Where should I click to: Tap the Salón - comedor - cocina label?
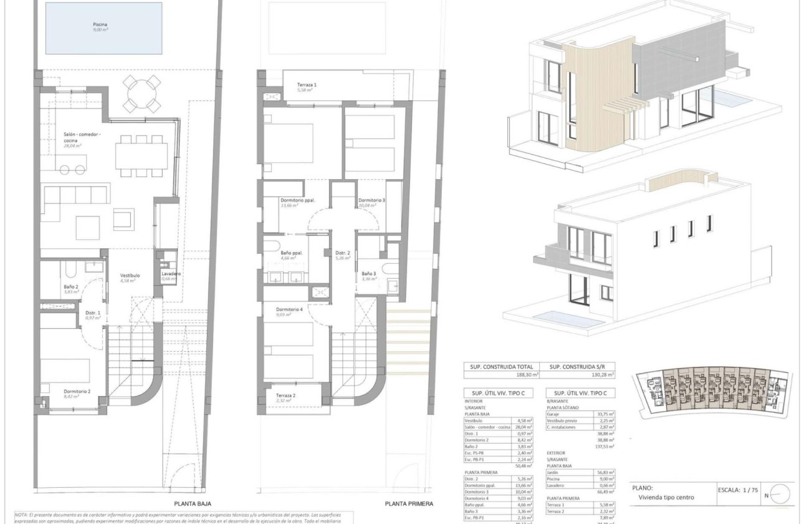(82, 138)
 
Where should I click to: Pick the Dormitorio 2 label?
(77, 391)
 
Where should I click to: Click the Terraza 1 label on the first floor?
(307, 85)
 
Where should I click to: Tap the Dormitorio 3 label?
(371, 201)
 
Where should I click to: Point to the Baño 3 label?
(369, 274)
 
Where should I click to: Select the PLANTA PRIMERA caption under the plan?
(408, 503)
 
